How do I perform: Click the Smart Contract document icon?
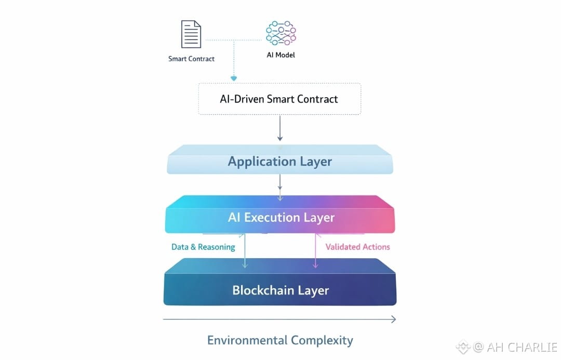pyautogui.click(x=191, y=34)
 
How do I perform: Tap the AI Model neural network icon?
pyautogui.click(x=281, y=33)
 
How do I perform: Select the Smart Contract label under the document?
pyautogui.click(x=191, y=59)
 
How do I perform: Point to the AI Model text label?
pyautogui.click(x=281, y=55)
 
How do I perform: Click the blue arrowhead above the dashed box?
pyautogui.click(x=234, y=78)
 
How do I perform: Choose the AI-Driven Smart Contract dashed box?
pyautogui.click(x=280, y=99)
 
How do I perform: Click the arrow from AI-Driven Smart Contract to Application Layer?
pyautogui.click(x=280, y=128)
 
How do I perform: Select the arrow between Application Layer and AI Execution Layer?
pyautogui.click(x=280, y=188)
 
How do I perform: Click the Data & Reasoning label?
pyautogui.click(x=203, y=247)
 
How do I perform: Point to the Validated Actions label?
pyautogui.click(x=358, y=247)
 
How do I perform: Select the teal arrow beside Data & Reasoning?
pyautogui.click(x=245, y=251)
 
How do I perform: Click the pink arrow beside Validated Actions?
pyautogui.click(x=315, y=251)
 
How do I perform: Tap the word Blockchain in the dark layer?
pyautogui.click(x=263, y=290)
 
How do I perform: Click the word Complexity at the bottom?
pyautogui.click(x=322, y=340)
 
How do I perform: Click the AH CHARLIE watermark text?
pyautogui.click(x=522, y=347)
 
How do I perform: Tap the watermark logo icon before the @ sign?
pyautogui.click(x=463, y=347)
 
